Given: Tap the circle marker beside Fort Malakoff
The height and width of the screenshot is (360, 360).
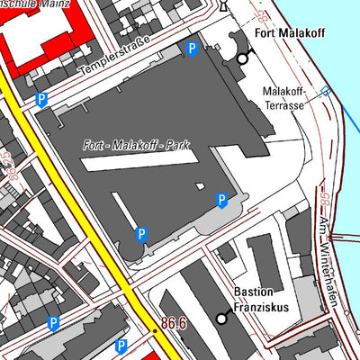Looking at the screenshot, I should click(242, 58).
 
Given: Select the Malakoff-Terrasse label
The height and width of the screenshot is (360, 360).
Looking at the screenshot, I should click(284, 98).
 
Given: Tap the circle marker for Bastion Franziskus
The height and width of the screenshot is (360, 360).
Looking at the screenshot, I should click(222, 318).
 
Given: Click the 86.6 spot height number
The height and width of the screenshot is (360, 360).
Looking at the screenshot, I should click(175, 322).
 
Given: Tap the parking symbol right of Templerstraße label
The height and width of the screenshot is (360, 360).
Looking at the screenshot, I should click(191, 48).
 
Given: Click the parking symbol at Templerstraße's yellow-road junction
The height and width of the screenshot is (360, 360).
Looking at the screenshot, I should click(41, 101).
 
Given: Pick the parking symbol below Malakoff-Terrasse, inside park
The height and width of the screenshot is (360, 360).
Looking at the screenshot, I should click(222, 200).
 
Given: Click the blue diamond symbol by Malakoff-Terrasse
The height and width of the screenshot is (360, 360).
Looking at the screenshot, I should click(326, 91).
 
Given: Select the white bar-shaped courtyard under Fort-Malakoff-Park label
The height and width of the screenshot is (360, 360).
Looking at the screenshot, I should click(139, 165).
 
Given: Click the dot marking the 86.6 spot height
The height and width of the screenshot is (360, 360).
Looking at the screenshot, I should click(154, 330).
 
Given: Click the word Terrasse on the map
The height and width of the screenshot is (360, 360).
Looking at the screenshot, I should click(284, 104).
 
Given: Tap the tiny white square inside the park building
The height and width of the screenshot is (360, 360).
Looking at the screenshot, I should click(200, 186).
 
